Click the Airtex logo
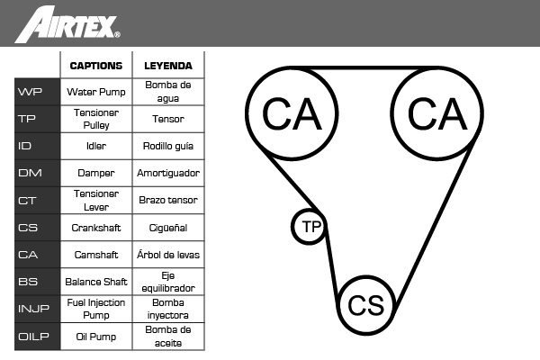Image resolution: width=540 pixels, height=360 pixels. pyautogui.click(x=67, y=24)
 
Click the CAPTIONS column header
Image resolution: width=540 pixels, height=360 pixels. pyautogui.click(x=96, y=66)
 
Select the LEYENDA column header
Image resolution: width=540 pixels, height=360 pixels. pyautogui.click(x=168, y=66)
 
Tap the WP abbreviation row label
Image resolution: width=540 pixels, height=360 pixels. pyautogui.click(x=37, y=92)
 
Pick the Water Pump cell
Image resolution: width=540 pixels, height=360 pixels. pyautogui.click(x=96, y=92)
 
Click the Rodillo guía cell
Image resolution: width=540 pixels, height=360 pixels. pyautogui.click(x=168, y=146)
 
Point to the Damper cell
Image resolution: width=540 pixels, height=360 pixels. pyautogui.click(x=96, y=173)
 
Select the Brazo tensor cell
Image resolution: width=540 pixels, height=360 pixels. pyautogui.click(x=168, y=200)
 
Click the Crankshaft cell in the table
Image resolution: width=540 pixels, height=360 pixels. pyautogui.click(x=96, y=228)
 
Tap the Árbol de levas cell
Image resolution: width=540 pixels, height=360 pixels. pyautogui.click(x=168, y=255)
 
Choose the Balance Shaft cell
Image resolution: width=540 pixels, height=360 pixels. pyautogui.click(x=96, y=282)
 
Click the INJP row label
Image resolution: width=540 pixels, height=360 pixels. pyautogui.click(x=37, y=309)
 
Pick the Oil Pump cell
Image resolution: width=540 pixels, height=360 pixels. pyautogui.click(x=96, y=337)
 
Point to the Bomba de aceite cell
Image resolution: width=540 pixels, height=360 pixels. pyautogui.click(x=168, y=337)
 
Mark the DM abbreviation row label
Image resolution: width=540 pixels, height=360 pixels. pyautogui.click(x=37, y=173)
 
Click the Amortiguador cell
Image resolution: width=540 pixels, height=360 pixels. pyautogui.click(x=168, y=173)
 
